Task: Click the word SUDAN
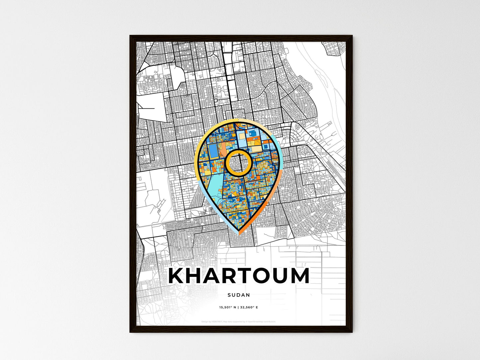(239, 295)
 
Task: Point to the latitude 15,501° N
(227, 307)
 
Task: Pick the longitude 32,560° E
(249, 307)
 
